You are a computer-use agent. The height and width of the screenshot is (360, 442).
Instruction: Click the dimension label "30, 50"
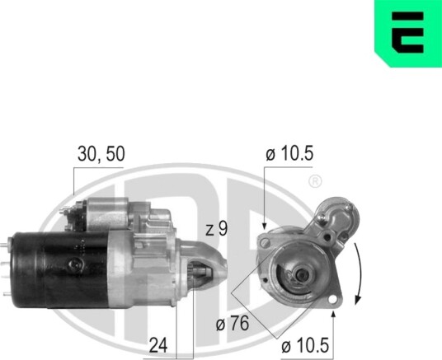point(101,154)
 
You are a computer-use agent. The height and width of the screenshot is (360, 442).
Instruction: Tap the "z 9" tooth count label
point(217,229)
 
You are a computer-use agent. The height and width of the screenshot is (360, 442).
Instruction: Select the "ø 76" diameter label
point(233,323)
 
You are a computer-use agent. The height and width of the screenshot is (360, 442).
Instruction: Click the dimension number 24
point(158,345)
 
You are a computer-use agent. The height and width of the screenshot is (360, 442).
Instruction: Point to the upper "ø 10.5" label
point(289,154)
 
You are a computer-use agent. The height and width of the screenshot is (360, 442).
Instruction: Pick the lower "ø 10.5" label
point(305,345)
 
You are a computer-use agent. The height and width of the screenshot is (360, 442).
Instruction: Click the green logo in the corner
point(408,34)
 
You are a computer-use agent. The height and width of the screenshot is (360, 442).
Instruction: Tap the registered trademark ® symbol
point(315,181)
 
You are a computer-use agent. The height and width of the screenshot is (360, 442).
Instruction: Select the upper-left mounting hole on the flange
point(265,242)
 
